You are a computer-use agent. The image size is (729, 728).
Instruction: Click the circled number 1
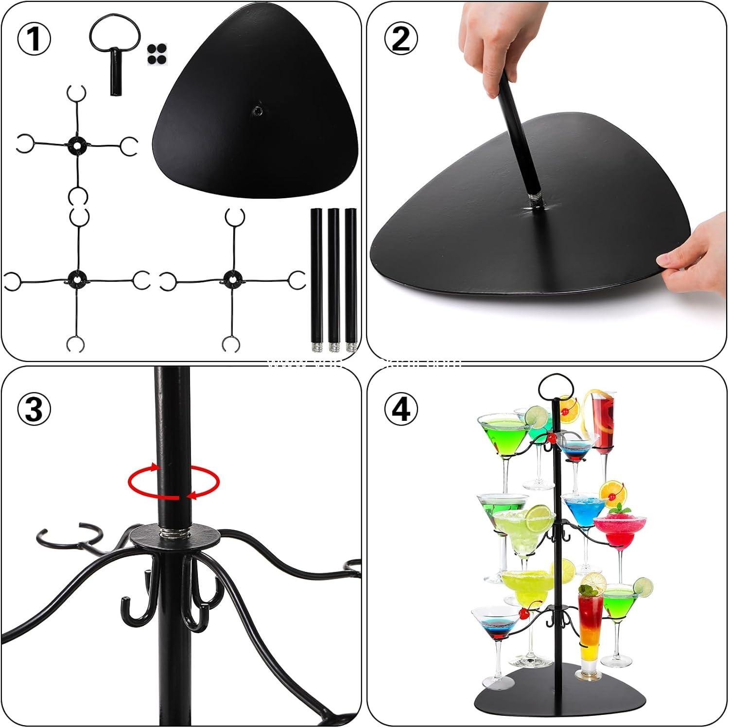click(34, 39)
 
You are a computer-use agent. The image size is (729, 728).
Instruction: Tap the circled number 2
click(400, 39)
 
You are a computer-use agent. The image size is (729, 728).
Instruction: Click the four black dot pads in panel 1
click(156, 54)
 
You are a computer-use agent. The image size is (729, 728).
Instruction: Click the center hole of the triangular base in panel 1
click(257, 111)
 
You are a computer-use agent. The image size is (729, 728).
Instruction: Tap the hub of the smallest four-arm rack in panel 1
click(76, 144)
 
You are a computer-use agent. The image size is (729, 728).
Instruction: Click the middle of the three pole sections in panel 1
click(333, 277)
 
